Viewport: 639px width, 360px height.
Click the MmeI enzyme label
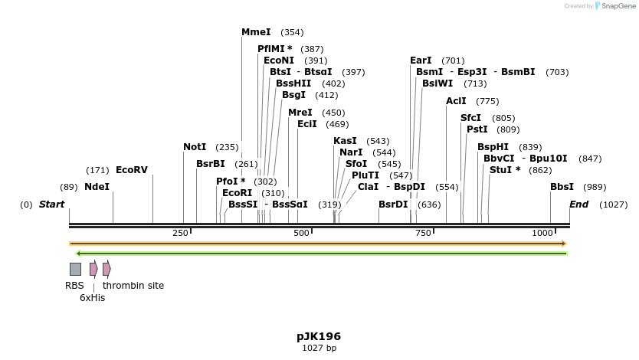click(x=256, y=32)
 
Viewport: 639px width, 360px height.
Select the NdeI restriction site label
click(x=97, y=187)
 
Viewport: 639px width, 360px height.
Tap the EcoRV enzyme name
click(x=131, y=170)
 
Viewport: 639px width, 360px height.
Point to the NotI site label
click(x=195, y=147)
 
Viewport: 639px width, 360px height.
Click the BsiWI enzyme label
click(x=437, y=83)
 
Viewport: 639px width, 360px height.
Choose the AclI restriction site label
click(x=456, y=101)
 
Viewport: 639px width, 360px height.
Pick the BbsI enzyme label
click(x=562, y=187)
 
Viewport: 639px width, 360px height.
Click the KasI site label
click(x=345, y=141)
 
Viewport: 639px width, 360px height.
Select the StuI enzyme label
click(x=504, y=170)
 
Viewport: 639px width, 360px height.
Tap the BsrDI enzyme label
click(x=393, y=205)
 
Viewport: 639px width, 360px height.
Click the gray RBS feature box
click(x=75, y=269)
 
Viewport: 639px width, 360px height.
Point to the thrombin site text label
click(x=133, y=286)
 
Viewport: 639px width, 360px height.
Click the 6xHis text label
click(x=93, y=297)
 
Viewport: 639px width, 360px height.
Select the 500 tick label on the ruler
click(x=301, y=233)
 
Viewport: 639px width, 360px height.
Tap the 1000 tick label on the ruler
click(x=542, y=233)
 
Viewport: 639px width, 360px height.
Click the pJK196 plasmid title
click(x=319, y=336)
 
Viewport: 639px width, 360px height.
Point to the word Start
click(x=51, y=205)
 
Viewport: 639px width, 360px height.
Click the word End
click(x=578, y=205)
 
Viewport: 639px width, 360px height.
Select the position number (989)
click(x=595, y=187)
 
